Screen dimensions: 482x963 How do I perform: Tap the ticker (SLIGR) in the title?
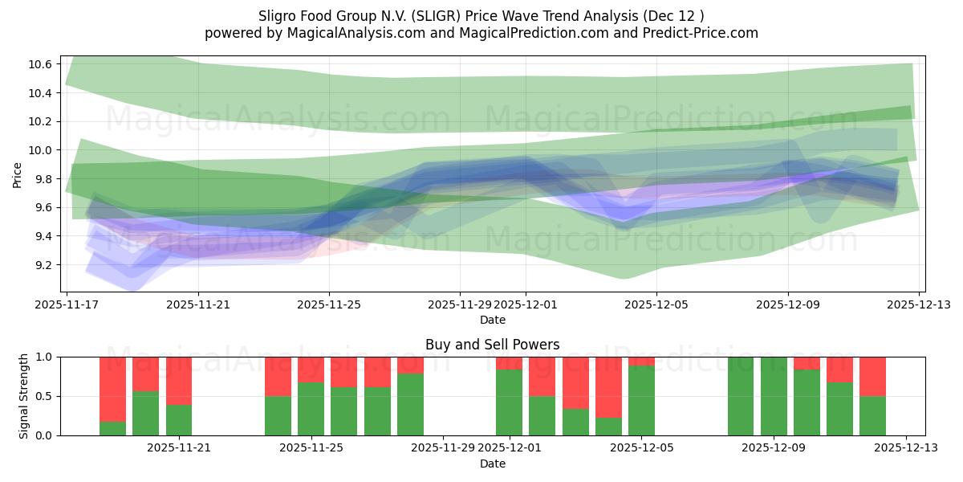pyautogui.click(x=433, y=16)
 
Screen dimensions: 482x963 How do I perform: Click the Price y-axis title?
pyautogui.click(x=18, y=174)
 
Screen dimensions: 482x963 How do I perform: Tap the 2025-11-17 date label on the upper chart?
pyautogui.click(x=67, y=304)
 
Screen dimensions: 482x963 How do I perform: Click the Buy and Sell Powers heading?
pyautogui.click(x=492, y=345)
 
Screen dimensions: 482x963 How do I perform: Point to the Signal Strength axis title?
pyautogui.click(x=24, y=395)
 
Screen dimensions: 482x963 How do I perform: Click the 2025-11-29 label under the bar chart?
pyautogui.click(x=444, y=447)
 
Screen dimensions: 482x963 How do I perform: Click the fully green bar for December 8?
pyautogui.click(x=741, y=396)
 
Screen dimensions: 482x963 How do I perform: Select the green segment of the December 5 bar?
pyautogui.click(x=641, y=401)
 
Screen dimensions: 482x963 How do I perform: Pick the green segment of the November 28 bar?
pyautogui.click(x=410, y=404)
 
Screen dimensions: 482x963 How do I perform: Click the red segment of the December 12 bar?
pyautogui.click(x=872, y=376)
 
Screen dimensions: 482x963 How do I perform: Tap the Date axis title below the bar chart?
pyautogui.click(x=492, y=464)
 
